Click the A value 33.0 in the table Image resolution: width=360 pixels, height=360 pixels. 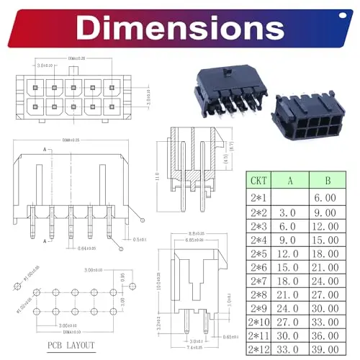coord(289,349)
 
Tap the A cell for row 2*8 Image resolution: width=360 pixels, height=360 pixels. coord(289,294)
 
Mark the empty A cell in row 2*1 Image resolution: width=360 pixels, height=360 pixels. coord(289,197)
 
